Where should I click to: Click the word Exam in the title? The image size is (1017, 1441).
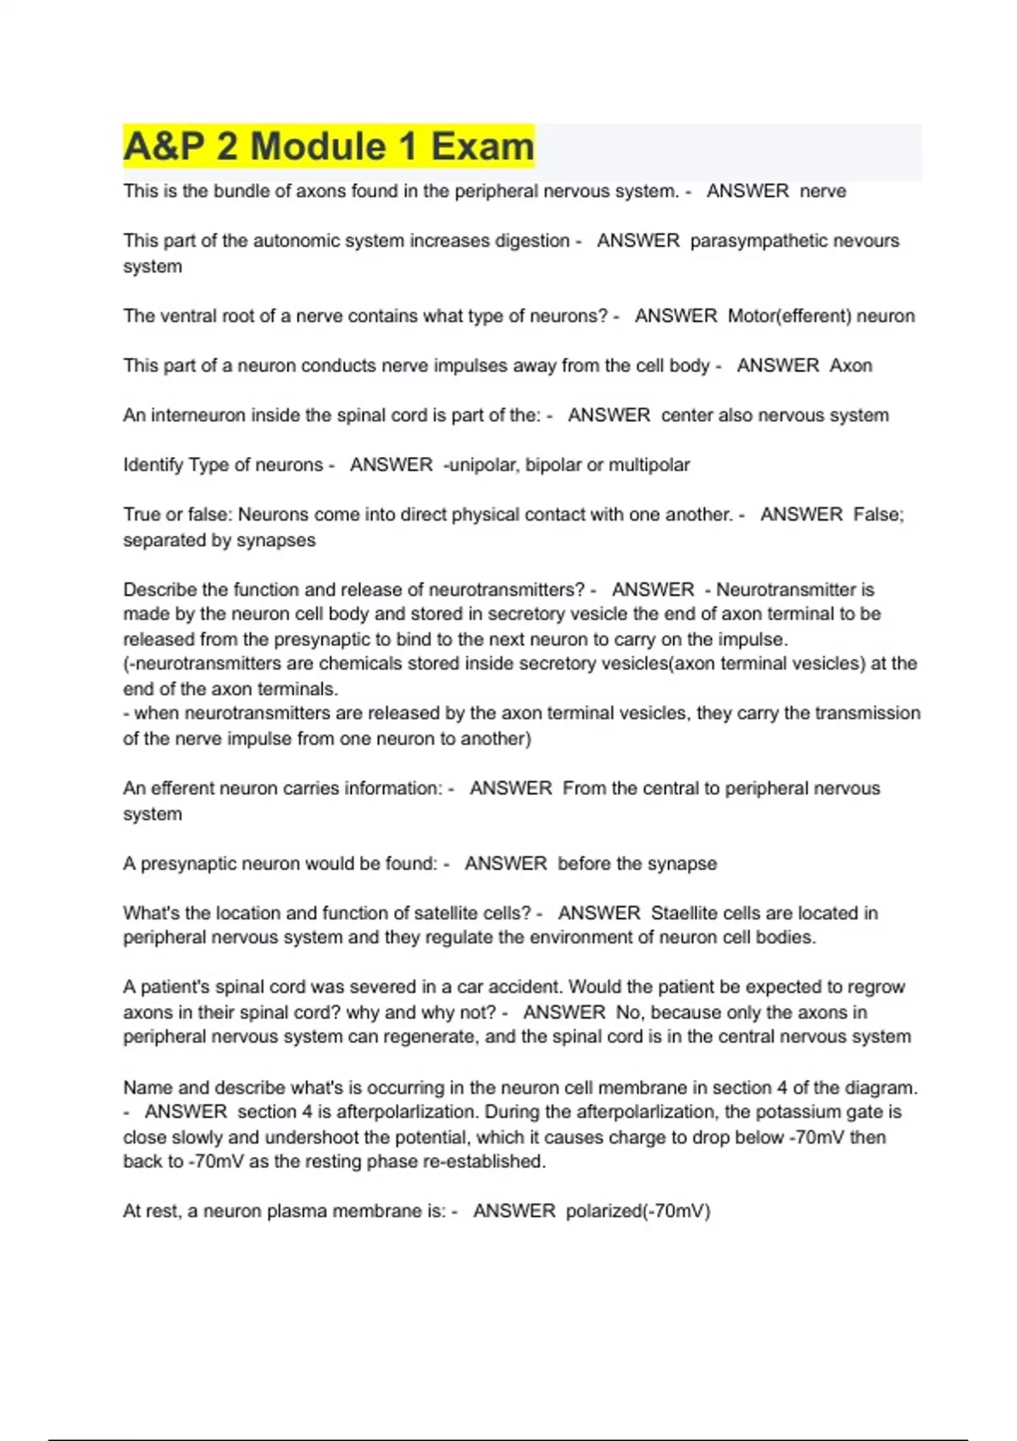pos(482,146)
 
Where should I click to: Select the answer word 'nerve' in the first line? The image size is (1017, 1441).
pos(823,192)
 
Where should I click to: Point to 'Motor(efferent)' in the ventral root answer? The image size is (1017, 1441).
pos(789,316)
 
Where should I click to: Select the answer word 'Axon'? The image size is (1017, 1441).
pos(851,365)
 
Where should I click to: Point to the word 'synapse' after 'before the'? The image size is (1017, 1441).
pos(682,864)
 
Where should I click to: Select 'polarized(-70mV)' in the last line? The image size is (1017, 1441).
pos(637,1211)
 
